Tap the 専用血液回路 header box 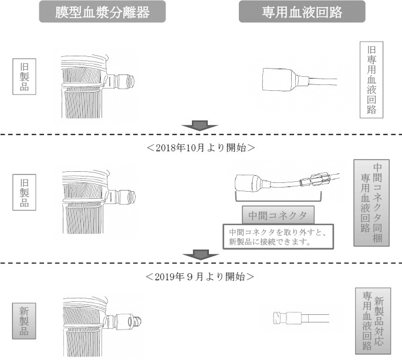click(x=302, y=11)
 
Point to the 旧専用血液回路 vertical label click(x=371, y=79)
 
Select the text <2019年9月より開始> click(x=201, y=275)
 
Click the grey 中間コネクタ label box click(x=278, y=212)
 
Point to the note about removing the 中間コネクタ click(x=278, y=237)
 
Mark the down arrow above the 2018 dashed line click(x=201, y=125)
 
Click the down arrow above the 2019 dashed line click(x=201, y=254)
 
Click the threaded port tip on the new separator click(x=137, y=321)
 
